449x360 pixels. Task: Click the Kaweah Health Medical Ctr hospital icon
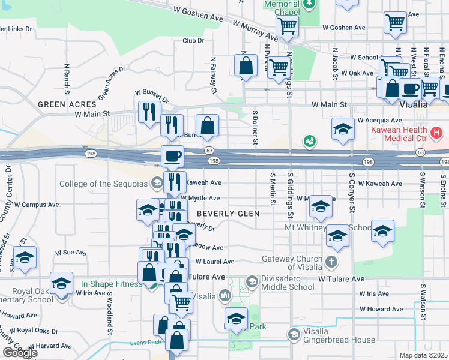coord(437,131)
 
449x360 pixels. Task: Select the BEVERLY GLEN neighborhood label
coord(228,214)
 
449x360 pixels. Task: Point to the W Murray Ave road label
coord(255,31)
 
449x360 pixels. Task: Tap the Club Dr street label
coord(193,41)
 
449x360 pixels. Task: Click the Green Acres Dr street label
coord(112,82)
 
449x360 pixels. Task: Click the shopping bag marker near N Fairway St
coord(207,125)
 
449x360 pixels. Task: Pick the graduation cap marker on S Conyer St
coord(337,236)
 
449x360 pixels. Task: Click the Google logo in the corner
coord(20,353)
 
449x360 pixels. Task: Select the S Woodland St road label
coord(110,312)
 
